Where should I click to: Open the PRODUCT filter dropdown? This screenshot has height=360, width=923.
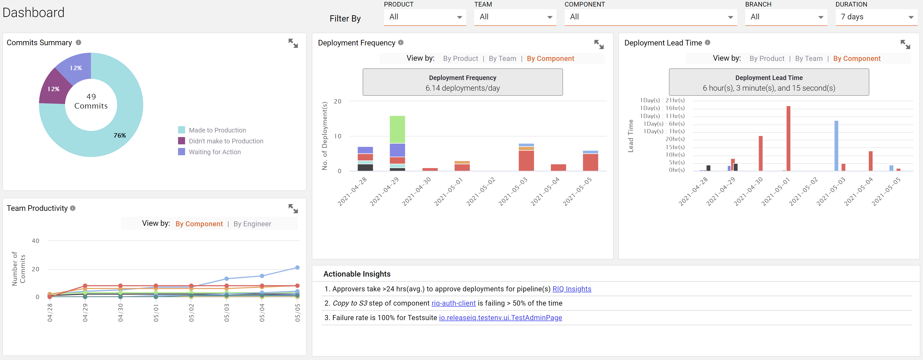tap(425, 17)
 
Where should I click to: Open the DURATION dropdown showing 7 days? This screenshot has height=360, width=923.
tap(876, 17)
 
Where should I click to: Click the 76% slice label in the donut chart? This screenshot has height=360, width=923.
tap(120, 135)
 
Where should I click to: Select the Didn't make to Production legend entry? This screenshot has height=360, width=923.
tap(226, 141)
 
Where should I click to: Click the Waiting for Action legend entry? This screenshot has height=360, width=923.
tap(215, 152)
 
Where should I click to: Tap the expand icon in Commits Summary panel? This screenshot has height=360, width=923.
tap(293, 43)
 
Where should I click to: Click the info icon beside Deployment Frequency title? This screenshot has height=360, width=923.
tap(401, 43)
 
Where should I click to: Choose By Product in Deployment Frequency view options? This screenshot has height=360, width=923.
tap(460, 58)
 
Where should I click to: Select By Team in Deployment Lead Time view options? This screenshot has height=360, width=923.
tap(809, 58)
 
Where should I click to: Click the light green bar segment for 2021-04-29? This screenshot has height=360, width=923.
tap(397, 129)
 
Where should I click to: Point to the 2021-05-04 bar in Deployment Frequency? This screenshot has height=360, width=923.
tap(558, 167)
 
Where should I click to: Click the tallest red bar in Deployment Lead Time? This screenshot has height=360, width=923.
tap(788, 138)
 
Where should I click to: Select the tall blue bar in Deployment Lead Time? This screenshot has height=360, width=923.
tap(836, 145)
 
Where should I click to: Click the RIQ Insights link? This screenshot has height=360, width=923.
tap(572, 289)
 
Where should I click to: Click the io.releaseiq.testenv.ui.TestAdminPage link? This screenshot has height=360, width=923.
tap(501, 318)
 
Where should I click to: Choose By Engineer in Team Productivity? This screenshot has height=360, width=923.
tap(252, 224)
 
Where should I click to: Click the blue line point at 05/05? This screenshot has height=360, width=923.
tap(297, 268)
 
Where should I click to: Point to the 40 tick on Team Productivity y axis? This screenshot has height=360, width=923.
tap(36, 241)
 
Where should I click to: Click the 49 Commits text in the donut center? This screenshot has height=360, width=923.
tap(91, 101)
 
